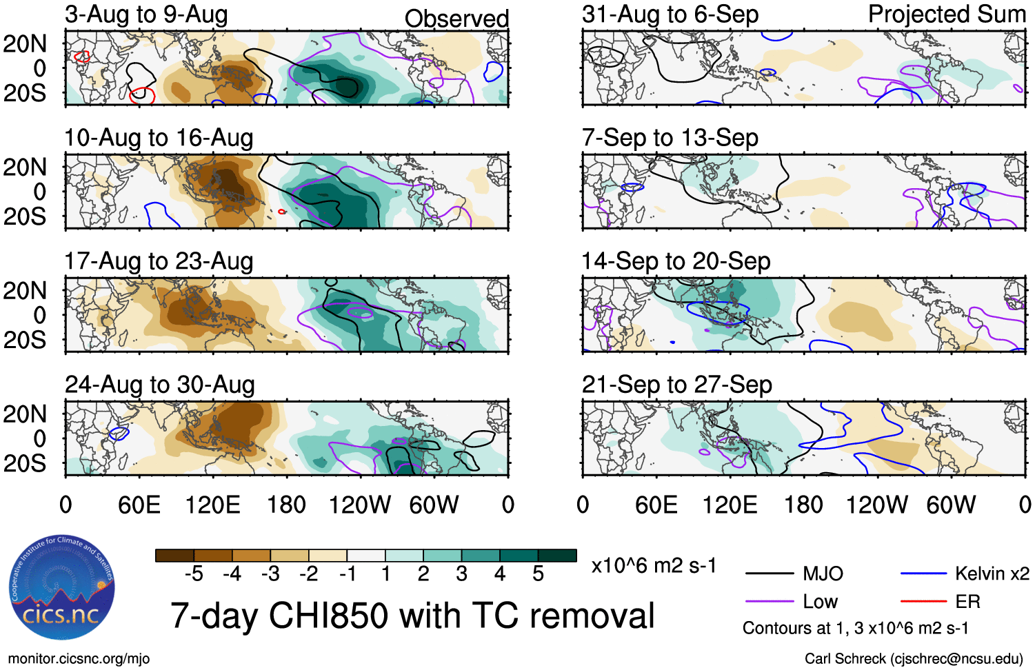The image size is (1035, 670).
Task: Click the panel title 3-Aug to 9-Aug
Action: tap(146, 15)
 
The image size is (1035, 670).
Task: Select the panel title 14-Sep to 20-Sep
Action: tap(676, 262)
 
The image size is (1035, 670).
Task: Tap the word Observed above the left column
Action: tap(456, 19)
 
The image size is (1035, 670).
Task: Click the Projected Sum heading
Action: tap(947, 14)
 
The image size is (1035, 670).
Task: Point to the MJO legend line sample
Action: tap(770, 573)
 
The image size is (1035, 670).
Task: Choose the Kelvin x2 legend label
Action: tap(992, 573)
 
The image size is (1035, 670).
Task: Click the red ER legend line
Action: tap(923, 602)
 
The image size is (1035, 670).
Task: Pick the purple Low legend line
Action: tap(770, 602)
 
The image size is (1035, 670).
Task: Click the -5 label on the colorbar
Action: tap(194, 574)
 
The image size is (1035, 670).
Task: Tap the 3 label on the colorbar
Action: tap(461, 574)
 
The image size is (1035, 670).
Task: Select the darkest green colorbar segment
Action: tap(557, 556)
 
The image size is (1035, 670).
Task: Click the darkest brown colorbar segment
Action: tap(175, 556)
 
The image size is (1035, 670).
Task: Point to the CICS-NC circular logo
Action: tap(62, 589)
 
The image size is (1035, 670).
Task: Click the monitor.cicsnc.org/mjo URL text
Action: tap(79, 659)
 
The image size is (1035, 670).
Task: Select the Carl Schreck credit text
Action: tap(914, 659)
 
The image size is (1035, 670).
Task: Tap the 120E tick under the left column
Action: tap(212, 505)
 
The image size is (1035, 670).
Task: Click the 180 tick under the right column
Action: tap(803, 505)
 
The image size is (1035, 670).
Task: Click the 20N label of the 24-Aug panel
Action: tap(25, 414)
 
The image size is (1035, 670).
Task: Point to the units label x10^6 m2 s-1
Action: tap(654, 566)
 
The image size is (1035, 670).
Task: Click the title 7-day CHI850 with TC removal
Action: tap(412, 616)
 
